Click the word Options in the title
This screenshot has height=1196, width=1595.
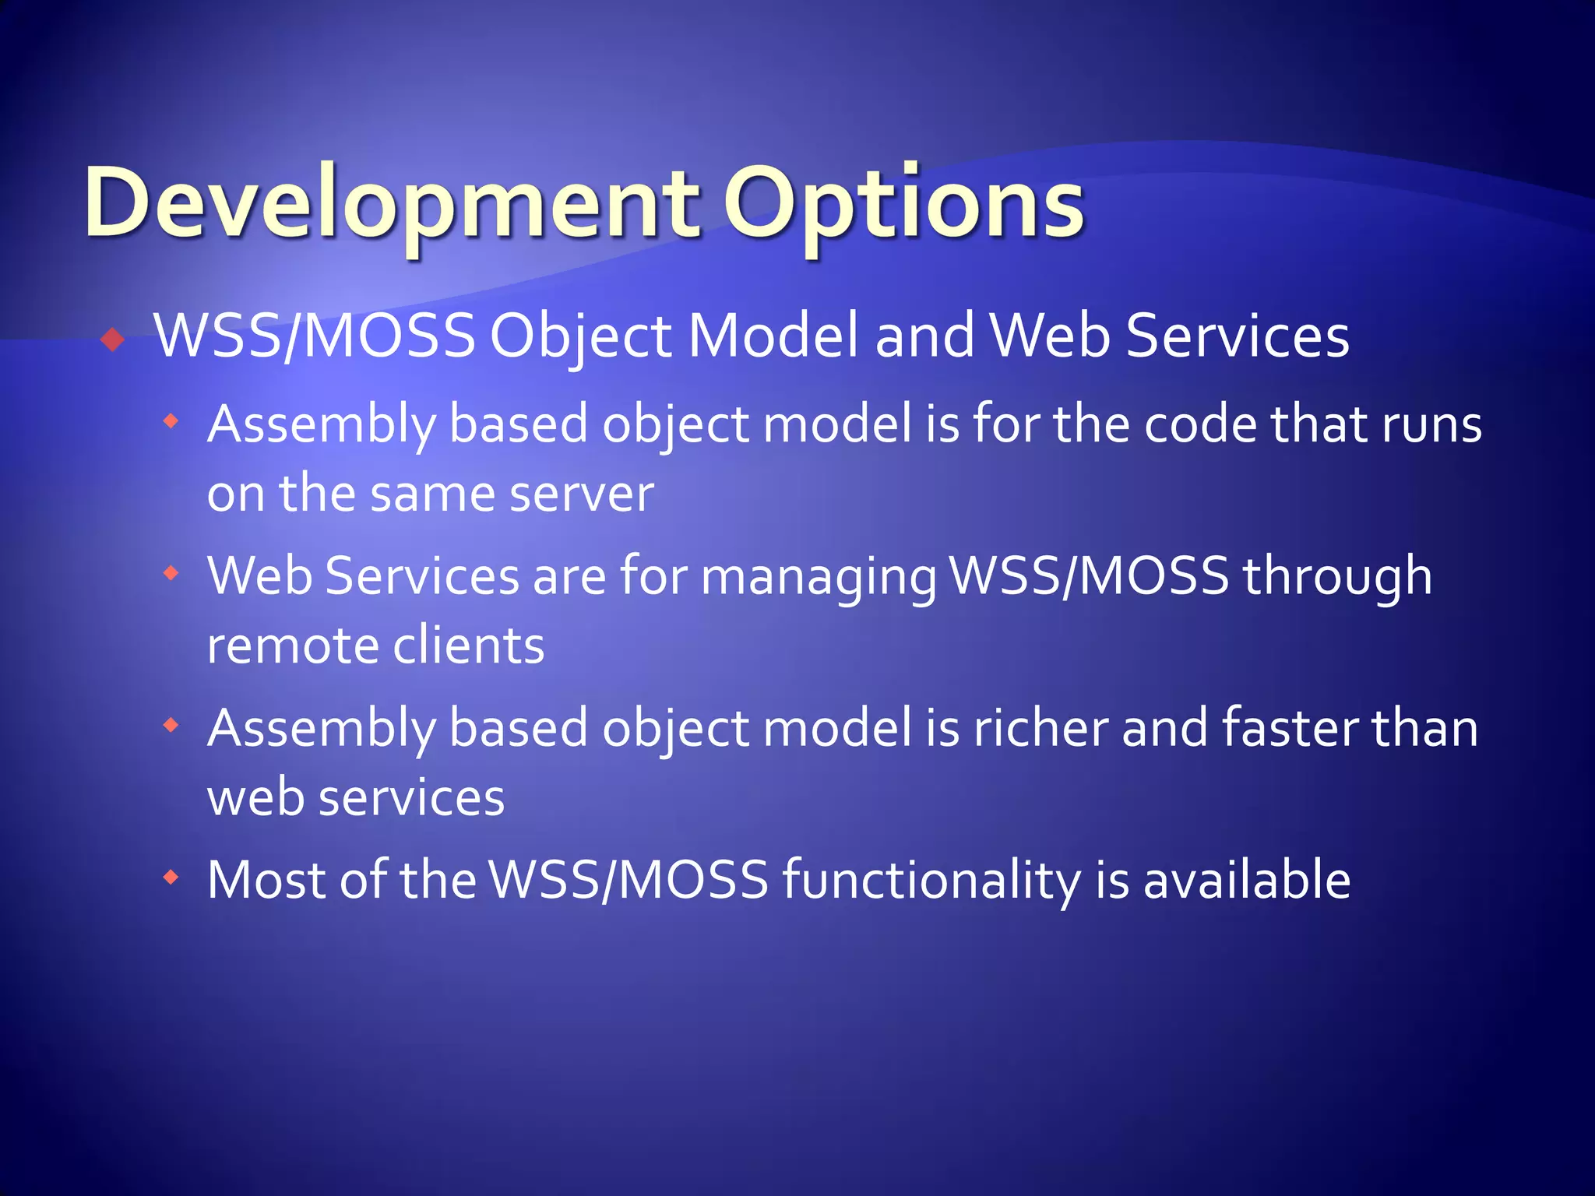click(903, 204)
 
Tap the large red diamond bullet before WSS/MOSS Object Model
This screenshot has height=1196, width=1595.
click(114, 339)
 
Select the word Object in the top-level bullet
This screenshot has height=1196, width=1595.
click(580, 336)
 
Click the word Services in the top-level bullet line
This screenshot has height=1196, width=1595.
click(1238, 336)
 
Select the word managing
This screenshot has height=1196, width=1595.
click(819, 577)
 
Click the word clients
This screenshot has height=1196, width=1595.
click(468, 646)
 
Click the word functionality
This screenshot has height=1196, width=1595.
click(931, 881)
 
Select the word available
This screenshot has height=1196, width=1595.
click(1246, 881)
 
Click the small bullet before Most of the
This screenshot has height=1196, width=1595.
click(171, 878)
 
